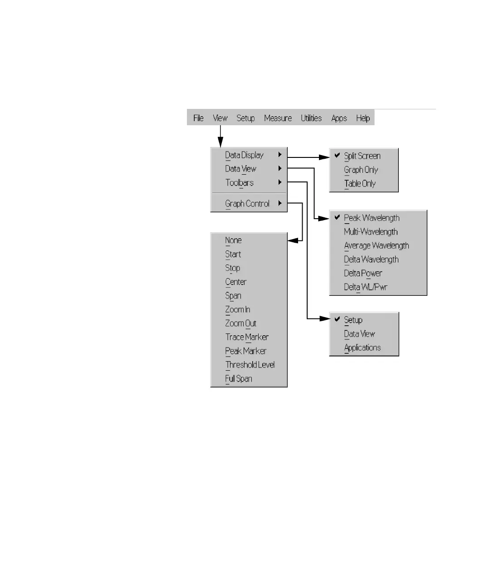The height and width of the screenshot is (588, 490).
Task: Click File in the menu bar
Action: coord(198,118)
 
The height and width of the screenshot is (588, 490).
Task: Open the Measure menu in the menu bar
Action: coord(278,118)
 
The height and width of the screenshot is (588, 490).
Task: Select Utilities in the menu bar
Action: coord(311,118)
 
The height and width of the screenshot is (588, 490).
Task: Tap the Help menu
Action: coord(363,118)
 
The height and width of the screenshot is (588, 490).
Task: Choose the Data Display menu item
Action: coord(244,155)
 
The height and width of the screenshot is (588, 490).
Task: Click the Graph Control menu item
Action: coord(247,204)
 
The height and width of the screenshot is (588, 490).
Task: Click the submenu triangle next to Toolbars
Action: coord(280,182)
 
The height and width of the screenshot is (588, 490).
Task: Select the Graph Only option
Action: coord(361,170)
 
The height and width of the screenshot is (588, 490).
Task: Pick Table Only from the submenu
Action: coord(360,184)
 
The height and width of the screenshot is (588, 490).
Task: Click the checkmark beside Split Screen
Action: coord(337,156)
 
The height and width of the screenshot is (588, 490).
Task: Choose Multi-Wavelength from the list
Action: coord(371,232)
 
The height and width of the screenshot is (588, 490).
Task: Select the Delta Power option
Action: coord(363,273)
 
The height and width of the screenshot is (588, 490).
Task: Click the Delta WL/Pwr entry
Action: coord(365,287)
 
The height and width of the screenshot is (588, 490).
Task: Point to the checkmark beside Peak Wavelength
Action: coord(337,218)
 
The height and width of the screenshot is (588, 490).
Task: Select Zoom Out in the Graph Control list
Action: coord(240,323)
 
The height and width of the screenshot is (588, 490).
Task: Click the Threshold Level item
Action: coord(250,365)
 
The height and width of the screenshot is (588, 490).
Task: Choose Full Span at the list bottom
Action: coord(239,379)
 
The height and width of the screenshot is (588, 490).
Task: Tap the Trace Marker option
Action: coord(247,337)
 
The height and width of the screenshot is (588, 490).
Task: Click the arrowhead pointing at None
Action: coord(293,240)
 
